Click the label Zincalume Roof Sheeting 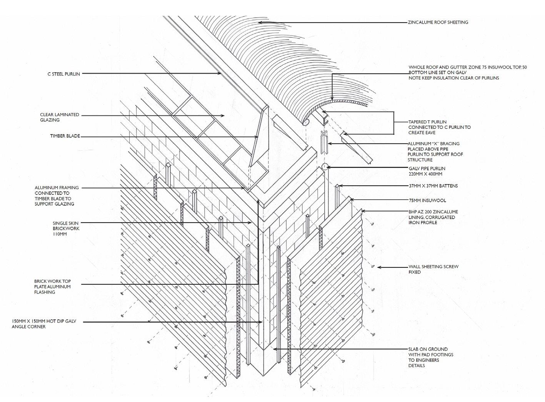438,22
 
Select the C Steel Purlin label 63,74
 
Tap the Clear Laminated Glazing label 60,117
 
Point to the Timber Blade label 65,136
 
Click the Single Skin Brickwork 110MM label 66,228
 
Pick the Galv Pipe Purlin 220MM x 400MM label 427,171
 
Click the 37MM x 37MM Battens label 433,186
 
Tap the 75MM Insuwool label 427,200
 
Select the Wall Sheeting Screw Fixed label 433,269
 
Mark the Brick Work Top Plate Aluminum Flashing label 52,287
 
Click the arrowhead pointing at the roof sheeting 260,23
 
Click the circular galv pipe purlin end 324,167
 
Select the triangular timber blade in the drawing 258,138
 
